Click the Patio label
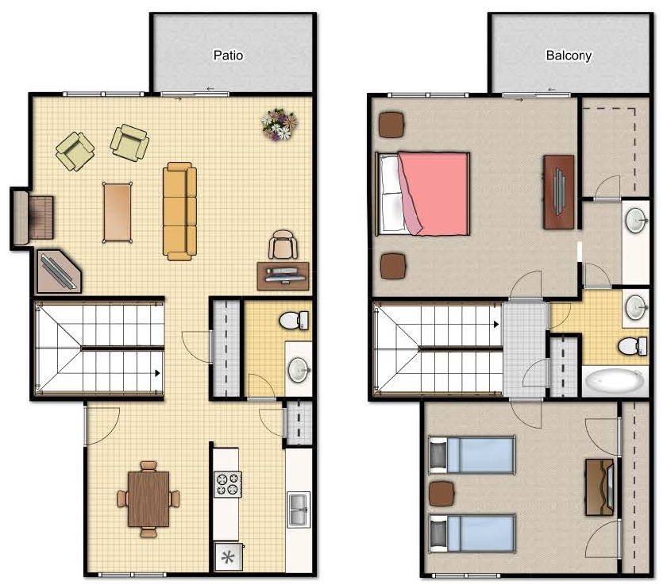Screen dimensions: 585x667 click(x=228, y=56)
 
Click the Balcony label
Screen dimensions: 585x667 click(x=568, y=56)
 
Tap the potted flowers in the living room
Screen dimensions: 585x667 click(x=280, y=124)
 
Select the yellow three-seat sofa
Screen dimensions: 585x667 click(x=179, y=210)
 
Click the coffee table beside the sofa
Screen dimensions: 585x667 click(x=118, y=212)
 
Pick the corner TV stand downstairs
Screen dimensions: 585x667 click(x=59, y=271)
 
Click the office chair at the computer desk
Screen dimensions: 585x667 click(x=283, y=244)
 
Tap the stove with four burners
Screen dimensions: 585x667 click(x=227, y=483)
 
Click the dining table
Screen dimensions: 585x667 click(x=148, y=498)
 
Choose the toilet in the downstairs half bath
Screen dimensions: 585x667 click(x=295, y=320)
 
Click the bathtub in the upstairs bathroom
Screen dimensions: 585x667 click(x=615, y=383)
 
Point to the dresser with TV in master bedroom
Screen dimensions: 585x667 click(x=559, y=191)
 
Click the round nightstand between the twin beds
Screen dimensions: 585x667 click(x=439, y=494)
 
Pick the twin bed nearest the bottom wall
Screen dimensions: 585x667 click(x=472, y=533)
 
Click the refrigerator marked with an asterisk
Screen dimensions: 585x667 click(x=227, y=556)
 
